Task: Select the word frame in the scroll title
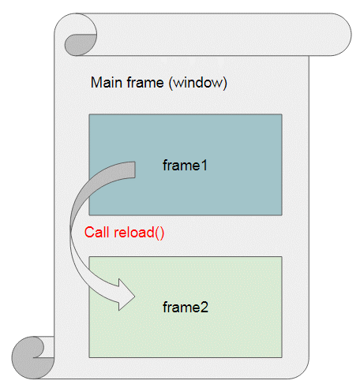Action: point(145,83)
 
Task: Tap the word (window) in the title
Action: point(198,83)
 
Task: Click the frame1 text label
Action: point(185,166)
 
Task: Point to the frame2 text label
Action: point(186,307)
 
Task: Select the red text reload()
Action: point(139,233)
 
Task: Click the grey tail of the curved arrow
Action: point(126,171)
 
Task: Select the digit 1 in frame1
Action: point(204,166)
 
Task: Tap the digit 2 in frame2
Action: point(204,307)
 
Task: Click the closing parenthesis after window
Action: point(225,84)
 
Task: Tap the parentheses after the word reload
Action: point(159,233)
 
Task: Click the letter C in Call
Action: point(89,233)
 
